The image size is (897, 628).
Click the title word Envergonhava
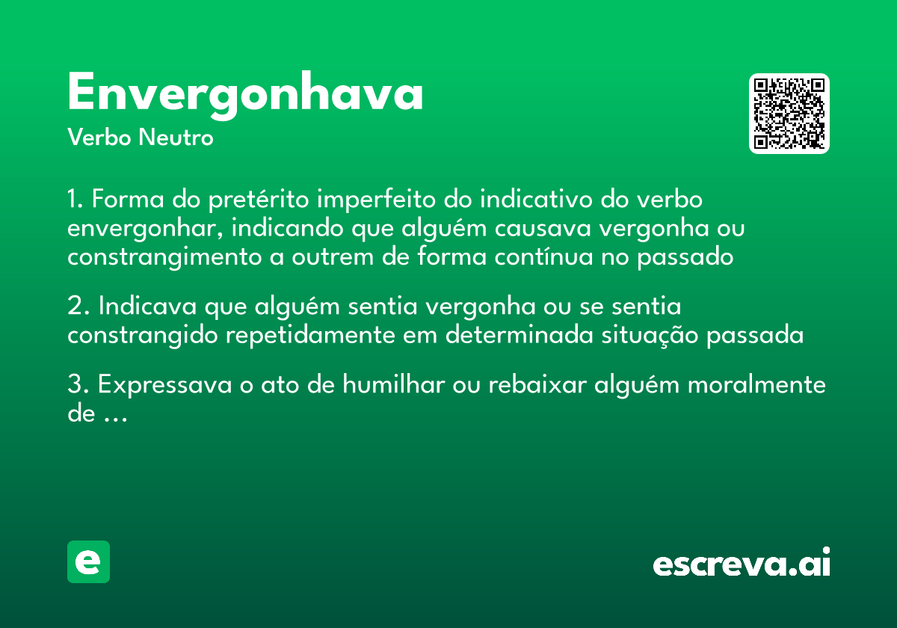245,95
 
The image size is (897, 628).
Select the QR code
789,114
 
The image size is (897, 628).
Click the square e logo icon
88,561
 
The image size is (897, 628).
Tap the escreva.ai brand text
741,564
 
